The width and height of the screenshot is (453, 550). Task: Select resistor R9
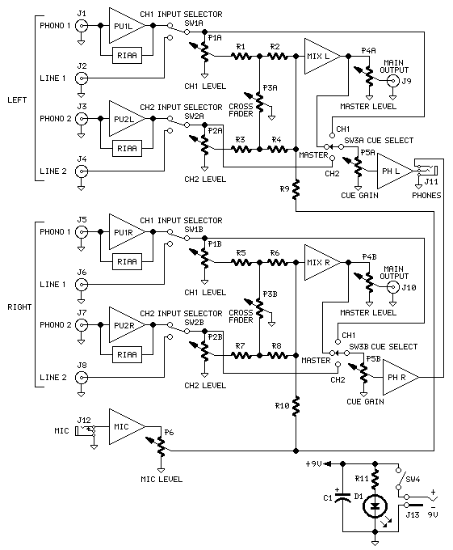tap(297, 189)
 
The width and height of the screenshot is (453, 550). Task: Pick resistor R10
tap(297, 402)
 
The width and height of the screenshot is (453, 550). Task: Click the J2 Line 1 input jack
tap(82, 78)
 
